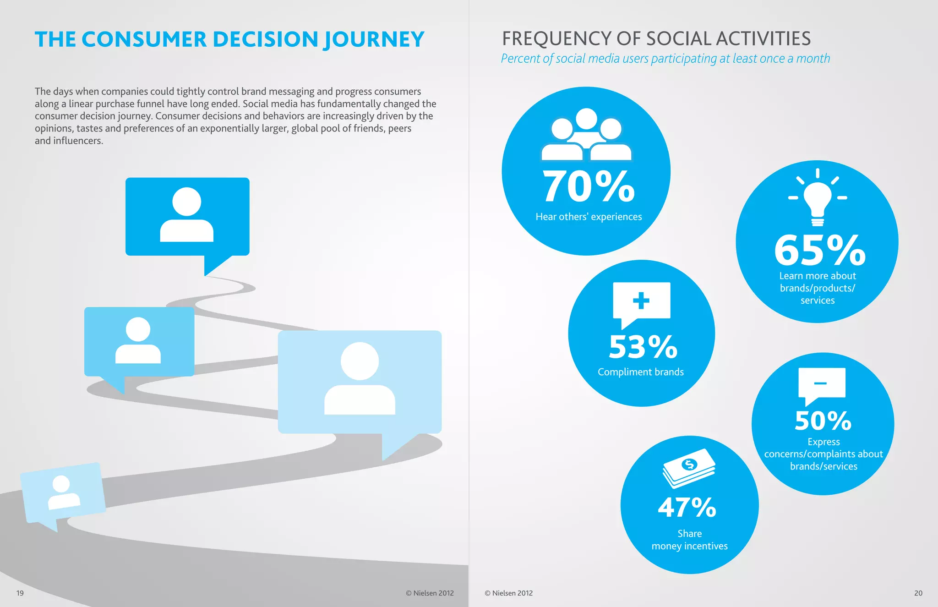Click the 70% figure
pyautogui.click(x=589, y=187)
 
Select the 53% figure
pyautogui.click(x=643, y=347)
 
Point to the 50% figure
pyautogui.click(x=823, y=421)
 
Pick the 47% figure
pyautogui.click(x=687, y=508)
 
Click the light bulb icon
pyautogui.click(x=818, y=198)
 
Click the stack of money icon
pyautogui.click(x=689, y=468)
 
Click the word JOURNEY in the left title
pyautogui.click(x=374, y=40)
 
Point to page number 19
pyautogui.click(x=20, y=593)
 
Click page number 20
pyautogui.click(x=918, y=593)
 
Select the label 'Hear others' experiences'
pyautogui.click(x=589, y=217)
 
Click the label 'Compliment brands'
pyautogui.click(x=640, y=372)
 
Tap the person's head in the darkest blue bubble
pyautogui.click(x=187, y=202)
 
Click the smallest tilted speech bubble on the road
pyautogui.click(x=63, y=494)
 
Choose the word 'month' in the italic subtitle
pyautogui.click(x=813, y=59)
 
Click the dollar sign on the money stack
pyautogui.click(x=689, y=465)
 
